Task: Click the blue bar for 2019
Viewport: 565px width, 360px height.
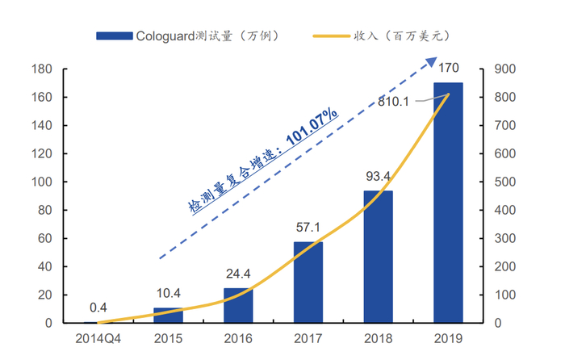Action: pos(448,203)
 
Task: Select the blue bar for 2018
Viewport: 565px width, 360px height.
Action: pos(378,257)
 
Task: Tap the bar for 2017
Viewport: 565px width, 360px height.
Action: pos(308,283)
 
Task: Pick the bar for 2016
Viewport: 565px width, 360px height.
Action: pos(238,305)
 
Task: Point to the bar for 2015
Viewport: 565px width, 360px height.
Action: pos(168,315)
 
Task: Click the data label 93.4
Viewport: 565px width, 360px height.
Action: pos(378,177)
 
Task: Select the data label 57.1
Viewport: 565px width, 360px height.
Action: pos(308,228)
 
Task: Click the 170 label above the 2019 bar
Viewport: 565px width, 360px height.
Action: pos(448,68)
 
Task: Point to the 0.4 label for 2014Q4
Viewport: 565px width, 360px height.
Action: pos(98,308)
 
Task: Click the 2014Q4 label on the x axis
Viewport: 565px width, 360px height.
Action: pos(98,336)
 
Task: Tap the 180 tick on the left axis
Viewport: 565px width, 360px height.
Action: pos(42,69)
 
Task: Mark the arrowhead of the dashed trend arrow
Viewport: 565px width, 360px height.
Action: pos(432,62)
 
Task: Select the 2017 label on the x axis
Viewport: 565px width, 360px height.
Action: pos(308,336)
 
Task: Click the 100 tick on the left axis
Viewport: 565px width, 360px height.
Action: pos(42,182)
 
